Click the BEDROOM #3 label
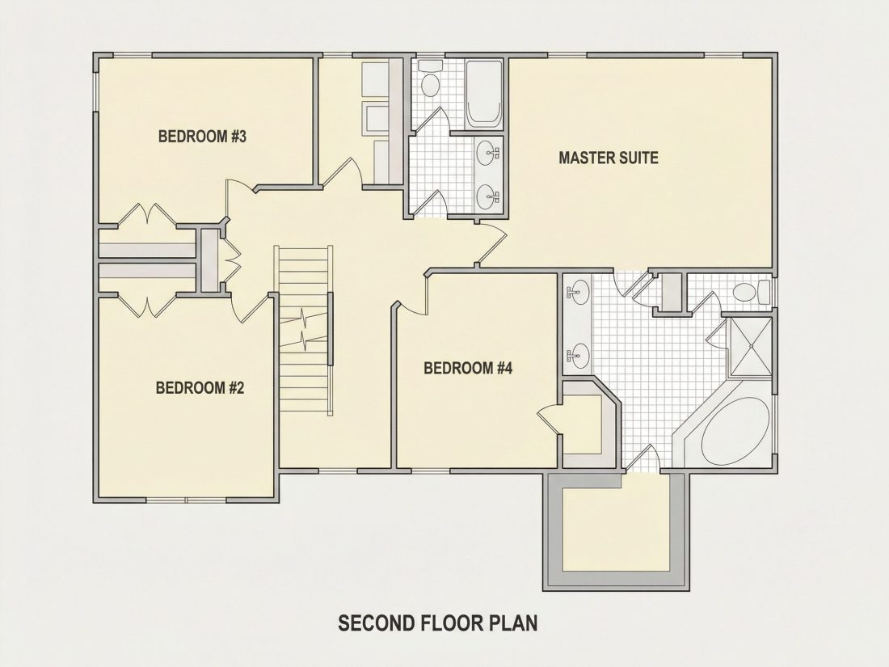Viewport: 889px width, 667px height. pos(202,137)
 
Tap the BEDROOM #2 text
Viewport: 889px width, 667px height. pos(200,388)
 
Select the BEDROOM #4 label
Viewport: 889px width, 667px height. pos(468,369)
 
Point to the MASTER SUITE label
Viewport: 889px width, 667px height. pos(609,158)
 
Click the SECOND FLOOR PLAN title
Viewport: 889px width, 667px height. pos(438,623)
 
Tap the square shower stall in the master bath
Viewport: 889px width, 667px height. pos(749,347)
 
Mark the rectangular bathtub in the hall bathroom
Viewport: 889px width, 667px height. pos(483,94)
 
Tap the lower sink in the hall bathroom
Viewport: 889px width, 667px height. pos(487,197)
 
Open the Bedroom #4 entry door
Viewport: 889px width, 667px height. pos(413,293)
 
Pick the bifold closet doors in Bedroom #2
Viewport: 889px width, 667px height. pos(147,305)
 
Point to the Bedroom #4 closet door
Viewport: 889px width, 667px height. pos(550,420)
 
